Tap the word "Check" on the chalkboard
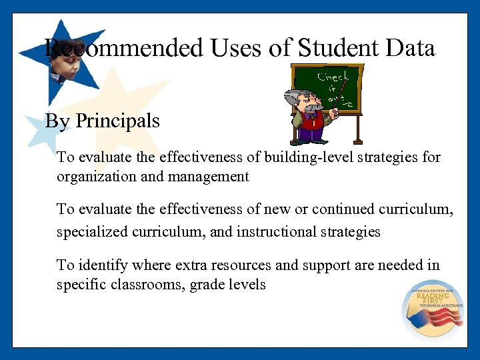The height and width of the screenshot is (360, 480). [x=333, y=77]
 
